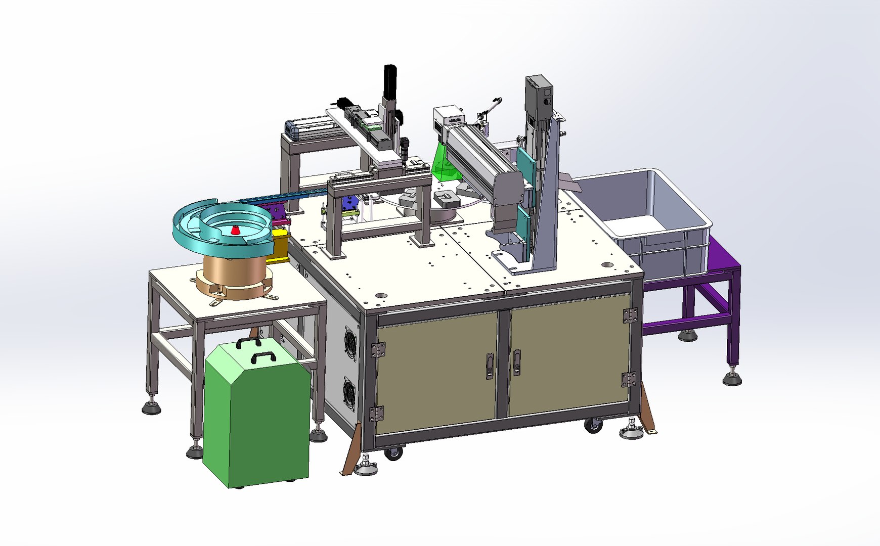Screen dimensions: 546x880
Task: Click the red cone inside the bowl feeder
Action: tap(235, 231)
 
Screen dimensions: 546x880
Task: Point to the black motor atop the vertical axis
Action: tap(390, 81)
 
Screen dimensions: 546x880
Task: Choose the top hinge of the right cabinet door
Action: tap(630, 315)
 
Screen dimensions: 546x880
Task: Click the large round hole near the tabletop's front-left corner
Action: tap(381, 295)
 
